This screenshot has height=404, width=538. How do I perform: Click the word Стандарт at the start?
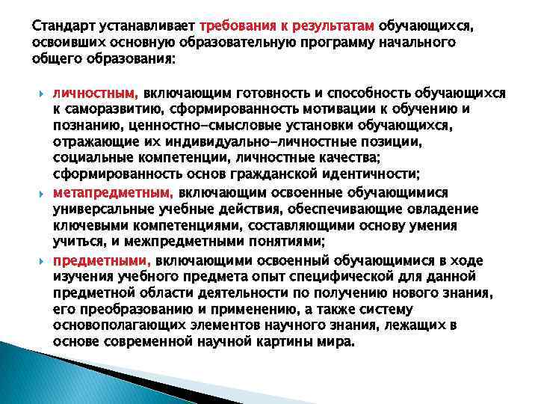click(x=61, y=25)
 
